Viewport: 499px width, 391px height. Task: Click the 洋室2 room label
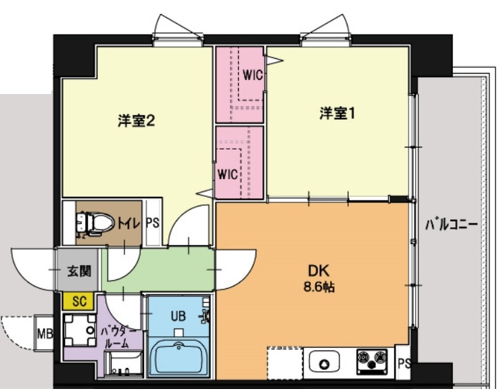137,121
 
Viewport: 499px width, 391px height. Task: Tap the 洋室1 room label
337,114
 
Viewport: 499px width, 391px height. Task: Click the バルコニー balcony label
451,224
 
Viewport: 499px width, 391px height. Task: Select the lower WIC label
228,174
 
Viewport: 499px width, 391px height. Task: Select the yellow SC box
78,302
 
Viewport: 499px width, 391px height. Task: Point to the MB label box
45,333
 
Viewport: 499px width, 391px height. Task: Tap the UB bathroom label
177,315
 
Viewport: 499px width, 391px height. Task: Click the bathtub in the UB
179,356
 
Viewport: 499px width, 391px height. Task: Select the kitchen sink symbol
323,363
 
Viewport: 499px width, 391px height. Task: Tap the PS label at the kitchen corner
404,365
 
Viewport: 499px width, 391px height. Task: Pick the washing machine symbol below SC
80,331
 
